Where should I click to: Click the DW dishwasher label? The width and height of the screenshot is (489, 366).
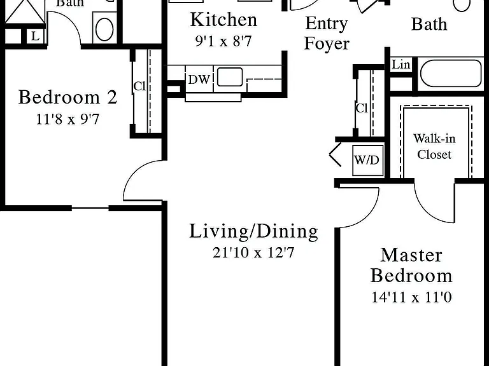tap(199, 79)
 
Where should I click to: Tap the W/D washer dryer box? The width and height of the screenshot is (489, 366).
tap(367, 160)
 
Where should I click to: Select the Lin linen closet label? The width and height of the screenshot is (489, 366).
tap(400, 65)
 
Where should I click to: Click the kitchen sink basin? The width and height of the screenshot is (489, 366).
tap(230, 77)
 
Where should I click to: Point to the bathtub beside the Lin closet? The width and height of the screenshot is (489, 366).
tap(451, 74)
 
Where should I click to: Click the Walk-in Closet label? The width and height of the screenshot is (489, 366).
tap(434, 146)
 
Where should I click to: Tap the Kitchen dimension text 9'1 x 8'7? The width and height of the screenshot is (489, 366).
tap(223, 41)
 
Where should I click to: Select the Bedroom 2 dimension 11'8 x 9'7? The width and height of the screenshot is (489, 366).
tap(67, 119)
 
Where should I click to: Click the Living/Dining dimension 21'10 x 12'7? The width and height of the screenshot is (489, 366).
tap(253, 252)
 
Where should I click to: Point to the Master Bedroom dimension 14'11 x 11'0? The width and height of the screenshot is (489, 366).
tap(412, 297)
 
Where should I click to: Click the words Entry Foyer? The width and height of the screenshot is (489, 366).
tap(327, 33)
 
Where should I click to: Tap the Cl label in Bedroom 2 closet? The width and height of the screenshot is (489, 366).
tap(139, 86)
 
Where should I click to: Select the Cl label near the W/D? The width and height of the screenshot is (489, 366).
tap(362, 108)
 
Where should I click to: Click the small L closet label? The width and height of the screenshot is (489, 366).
tap(35, 36)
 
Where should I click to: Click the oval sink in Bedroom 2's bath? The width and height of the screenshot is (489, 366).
tap(104, 29)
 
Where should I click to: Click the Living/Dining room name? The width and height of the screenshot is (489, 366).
tap(253, 231)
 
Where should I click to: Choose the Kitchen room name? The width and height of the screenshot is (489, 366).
tap(223, 20)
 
